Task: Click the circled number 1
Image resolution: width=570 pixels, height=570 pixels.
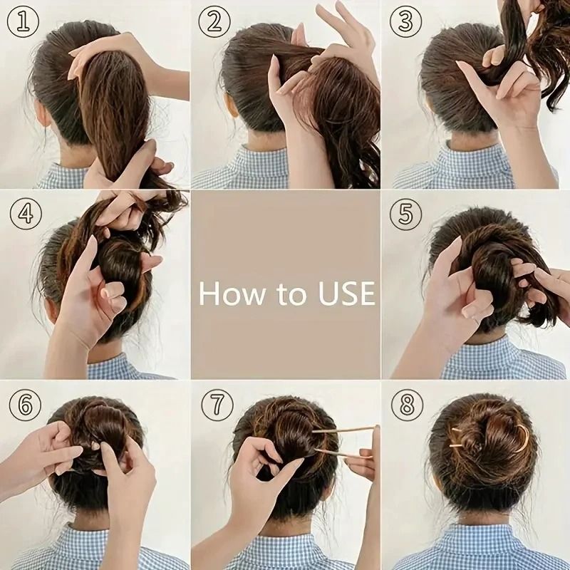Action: [22, 21]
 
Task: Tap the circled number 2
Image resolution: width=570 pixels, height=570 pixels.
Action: [214, 21]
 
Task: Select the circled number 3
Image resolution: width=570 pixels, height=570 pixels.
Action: [405, 21]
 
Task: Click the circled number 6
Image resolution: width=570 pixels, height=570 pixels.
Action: [24, 405]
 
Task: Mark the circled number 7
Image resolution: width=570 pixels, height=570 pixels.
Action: [217, 405]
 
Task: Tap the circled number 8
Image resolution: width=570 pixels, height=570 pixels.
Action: [407, 405]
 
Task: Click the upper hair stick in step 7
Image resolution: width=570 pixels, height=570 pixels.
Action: [342, 430]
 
